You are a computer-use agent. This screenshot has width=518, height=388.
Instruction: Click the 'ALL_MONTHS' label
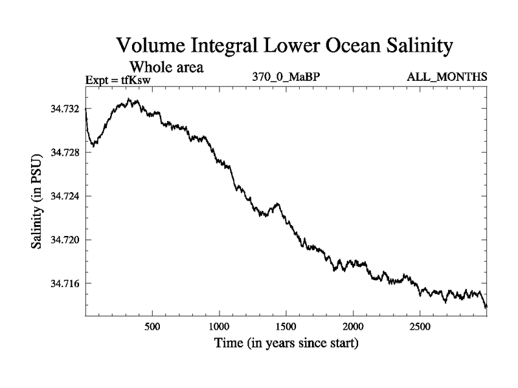point(447,78)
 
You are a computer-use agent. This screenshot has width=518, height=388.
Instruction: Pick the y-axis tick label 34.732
point(65,109)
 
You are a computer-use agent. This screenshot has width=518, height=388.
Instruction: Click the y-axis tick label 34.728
point(65,152)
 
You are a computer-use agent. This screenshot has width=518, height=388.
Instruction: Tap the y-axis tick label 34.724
point(65,196)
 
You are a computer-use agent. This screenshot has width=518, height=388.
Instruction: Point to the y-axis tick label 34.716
point(65,283)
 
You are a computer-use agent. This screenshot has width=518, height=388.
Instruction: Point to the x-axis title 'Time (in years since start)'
point(286,342)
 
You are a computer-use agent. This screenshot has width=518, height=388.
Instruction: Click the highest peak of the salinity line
point(129,100)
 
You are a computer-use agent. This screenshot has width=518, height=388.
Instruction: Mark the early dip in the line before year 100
point(94,145)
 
